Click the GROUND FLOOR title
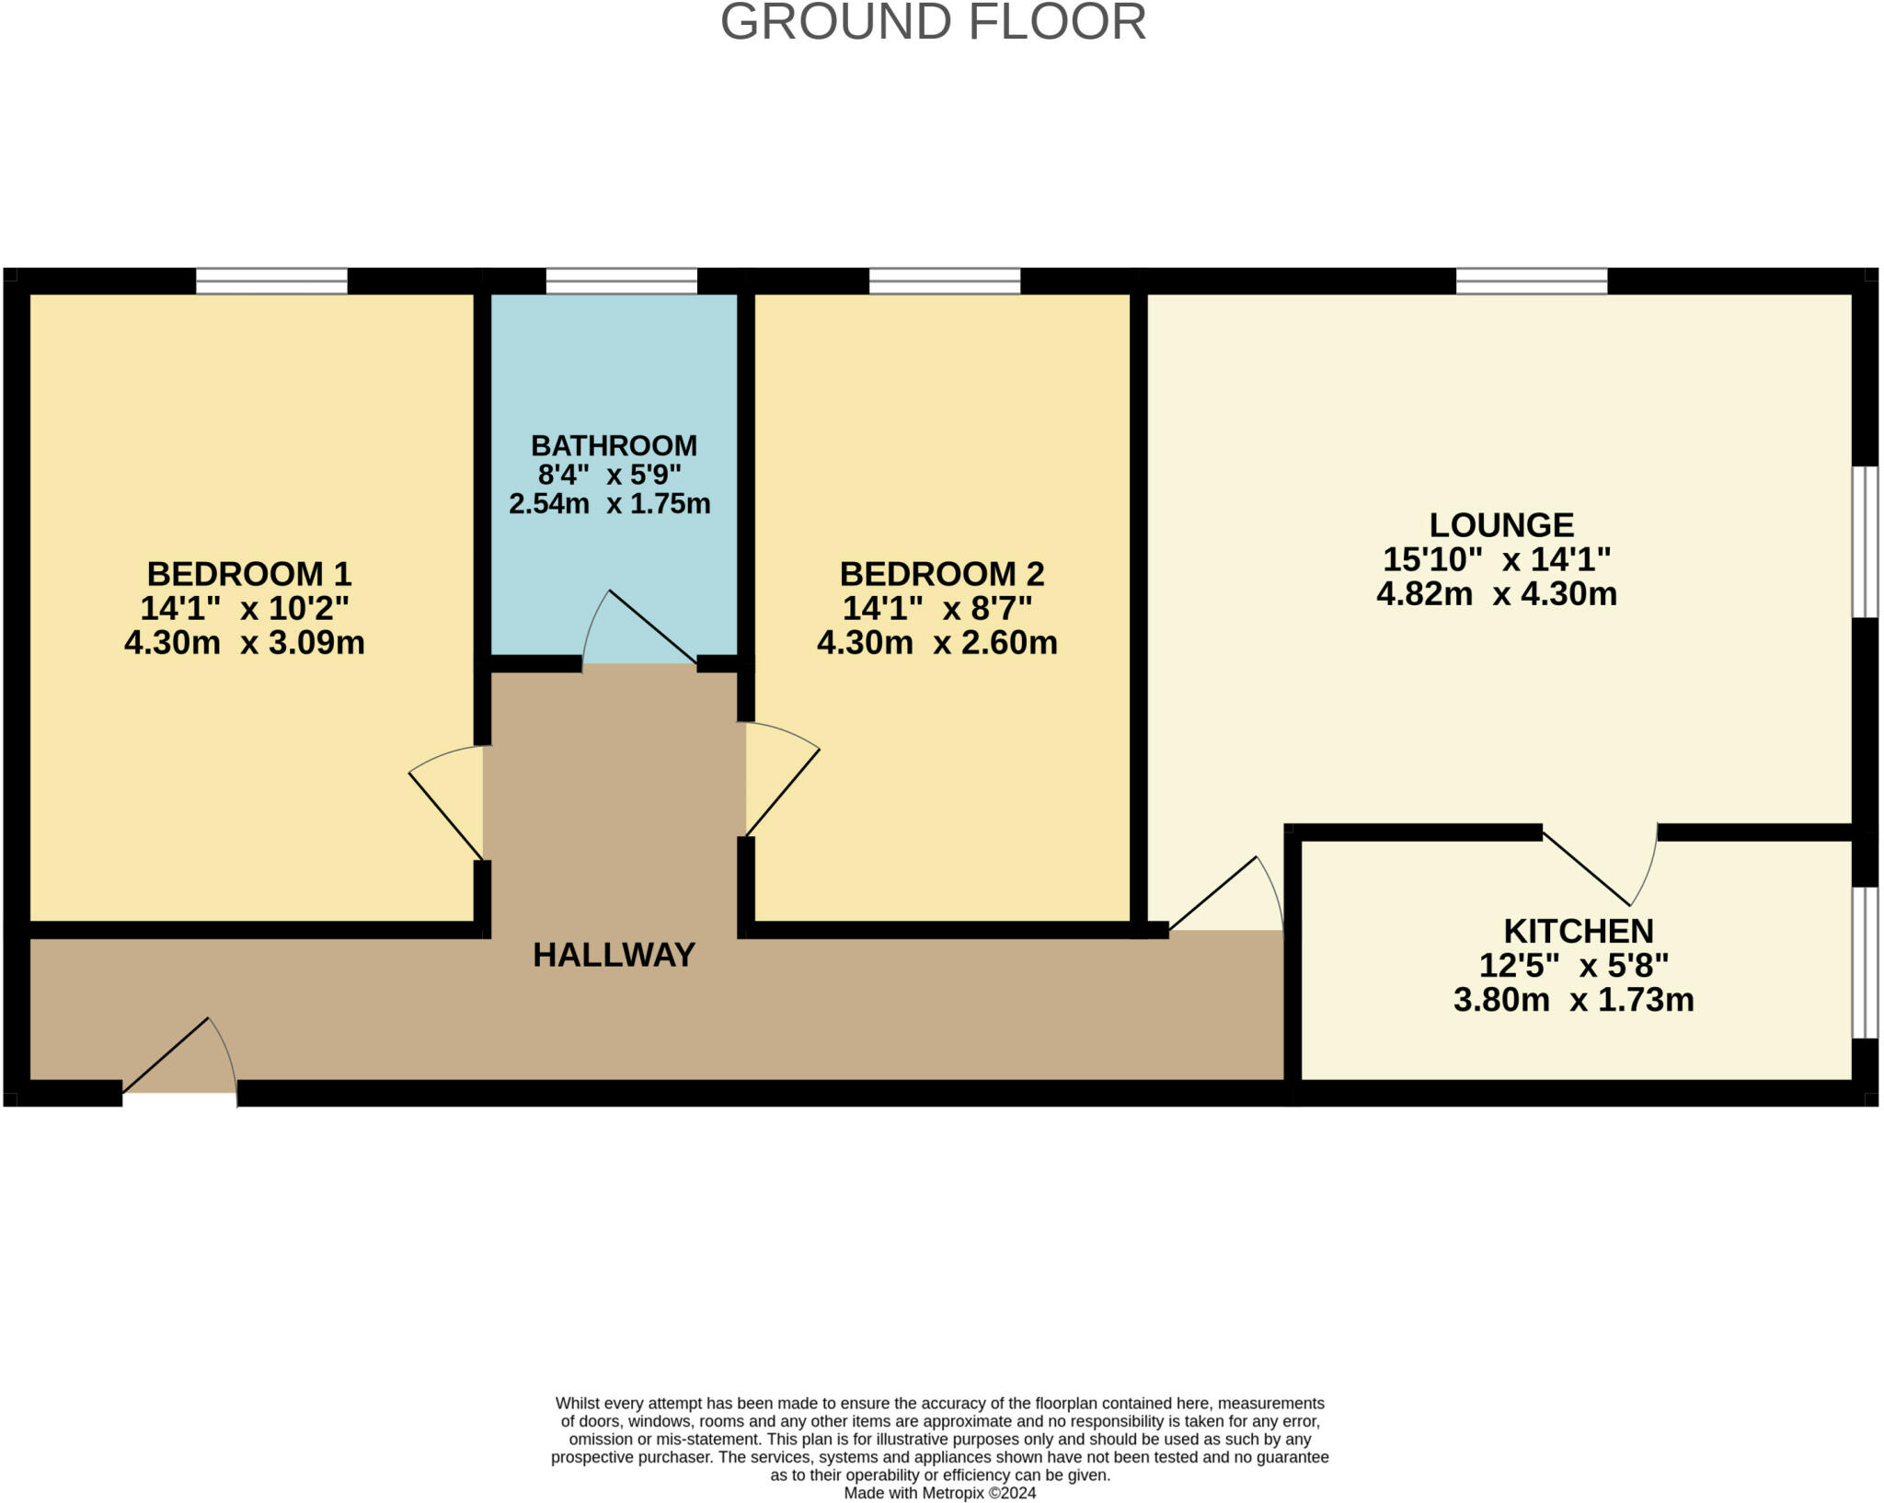click(933, 22)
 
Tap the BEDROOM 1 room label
click(248, 574)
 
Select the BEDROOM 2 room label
click(942, 574)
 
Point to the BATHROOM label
click(614, 445)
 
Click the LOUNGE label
click(1501, 525)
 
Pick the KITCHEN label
click(1579, 931)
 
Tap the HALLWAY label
click(614, 955)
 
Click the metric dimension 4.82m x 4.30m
click(1497, 594)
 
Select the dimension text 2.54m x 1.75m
click(610, 504)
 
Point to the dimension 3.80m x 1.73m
click(1574, 1000)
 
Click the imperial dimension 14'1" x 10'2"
click(245, 608)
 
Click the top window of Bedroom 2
click(945, 281)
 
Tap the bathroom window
click(621, 281)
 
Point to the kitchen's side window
click(1865, 962)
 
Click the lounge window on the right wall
click(1865, 542)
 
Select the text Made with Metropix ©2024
click(940, 1493)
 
